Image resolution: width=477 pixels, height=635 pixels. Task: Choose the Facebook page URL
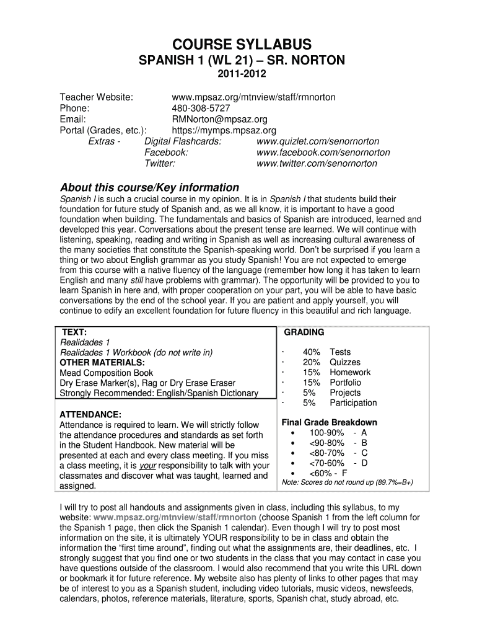click(x=323, y=153)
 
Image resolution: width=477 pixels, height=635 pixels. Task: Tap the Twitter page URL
click(x=317, y=164)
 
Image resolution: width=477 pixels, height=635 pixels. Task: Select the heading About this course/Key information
click(x=149, y=187)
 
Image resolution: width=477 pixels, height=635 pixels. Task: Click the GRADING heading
click(x=304, y=332)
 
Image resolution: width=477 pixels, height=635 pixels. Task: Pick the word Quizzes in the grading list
click(x=345, y=362)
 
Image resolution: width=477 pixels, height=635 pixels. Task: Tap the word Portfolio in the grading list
click(x=345, y=383)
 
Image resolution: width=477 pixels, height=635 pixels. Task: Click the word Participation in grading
click(x=353, y=403)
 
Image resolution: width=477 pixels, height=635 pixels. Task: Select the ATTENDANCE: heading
click(x=90, y=414)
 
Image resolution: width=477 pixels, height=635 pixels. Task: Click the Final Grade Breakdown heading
click(x=329, y=422)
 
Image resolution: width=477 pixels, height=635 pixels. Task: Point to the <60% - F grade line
click(x=328, y=473)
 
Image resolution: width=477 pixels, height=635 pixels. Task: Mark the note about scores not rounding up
click(x=347, y=482)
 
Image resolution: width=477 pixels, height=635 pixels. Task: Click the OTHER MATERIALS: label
click(x=102, y=363)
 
